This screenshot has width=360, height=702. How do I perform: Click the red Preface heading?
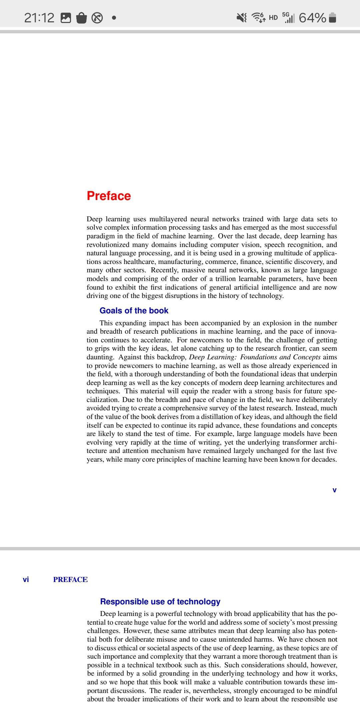pyautogui.click(x=109, y=196)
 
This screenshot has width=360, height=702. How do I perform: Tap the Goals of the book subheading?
pyautogui.click(x=134, y=310)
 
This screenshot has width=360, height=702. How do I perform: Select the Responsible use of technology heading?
pyautogui.click(x=160, y=601)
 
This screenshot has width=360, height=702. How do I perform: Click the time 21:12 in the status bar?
pyautogui.click(x=39, y=18)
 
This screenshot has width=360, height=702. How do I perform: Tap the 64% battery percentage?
pyautogui.click(x=312, y=18)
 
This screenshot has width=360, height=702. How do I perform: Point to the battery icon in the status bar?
pyautogui.click(x=333, y=18)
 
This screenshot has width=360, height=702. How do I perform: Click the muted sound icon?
pyautogui.click(x=242, y=18)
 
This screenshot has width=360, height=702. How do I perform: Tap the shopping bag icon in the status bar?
pyautogui.click(x=81, y=18)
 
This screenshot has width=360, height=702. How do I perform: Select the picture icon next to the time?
pyautogui.click(x=66, y=18)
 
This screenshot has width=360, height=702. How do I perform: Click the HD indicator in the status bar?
pyautogui.click(x=273, y=18)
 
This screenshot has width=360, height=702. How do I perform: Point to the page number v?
pyautogui.click(x=334, y=490)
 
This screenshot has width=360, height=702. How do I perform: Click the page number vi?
pyautogui.click(x=26, y=579)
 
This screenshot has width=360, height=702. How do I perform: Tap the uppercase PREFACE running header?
pyautogui.click(x=70, y=579)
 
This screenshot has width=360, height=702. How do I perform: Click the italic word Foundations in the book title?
pyautogui.click(x=259, y=357)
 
